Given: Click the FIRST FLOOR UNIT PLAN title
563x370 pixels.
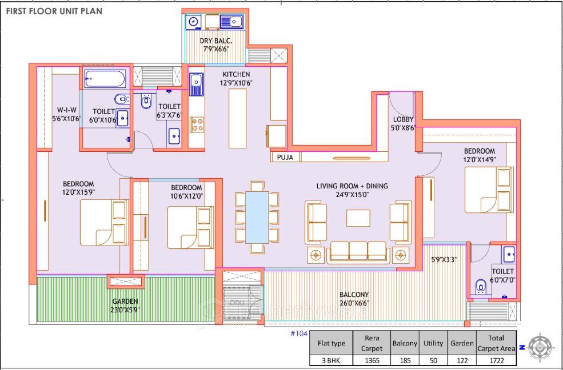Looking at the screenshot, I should pyautogui.click(x=54, y=11).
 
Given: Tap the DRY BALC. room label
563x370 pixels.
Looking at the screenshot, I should pyautogui.click(x=214, y=45).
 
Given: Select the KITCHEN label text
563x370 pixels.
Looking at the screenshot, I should pyautogui.click(x=236, y=78).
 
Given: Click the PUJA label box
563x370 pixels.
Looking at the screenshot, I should pyautogui.click(x=285, y=157).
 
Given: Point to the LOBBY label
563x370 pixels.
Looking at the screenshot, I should pyautogui.click(x=403, y=123).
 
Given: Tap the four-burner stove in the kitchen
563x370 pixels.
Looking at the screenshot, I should pyautogui.click(x=197, y=124).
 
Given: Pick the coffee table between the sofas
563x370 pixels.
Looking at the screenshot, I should pyautogui.click(x=358, y=219).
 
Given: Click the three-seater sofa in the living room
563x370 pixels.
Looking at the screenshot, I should pyautogui.click(x=358, y=251).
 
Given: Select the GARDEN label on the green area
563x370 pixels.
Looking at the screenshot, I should pyautogui.click(x=125, y=305).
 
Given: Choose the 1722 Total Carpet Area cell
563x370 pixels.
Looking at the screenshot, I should pyautogui.click(x=497, y=360).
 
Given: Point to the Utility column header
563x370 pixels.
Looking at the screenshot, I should pyautogui.click(x=433, y=343).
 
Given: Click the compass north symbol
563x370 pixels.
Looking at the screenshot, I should pyautogui.click(x=540, y=347).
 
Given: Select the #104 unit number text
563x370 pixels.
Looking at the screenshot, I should pyautogui.click(x=299, y=333).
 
